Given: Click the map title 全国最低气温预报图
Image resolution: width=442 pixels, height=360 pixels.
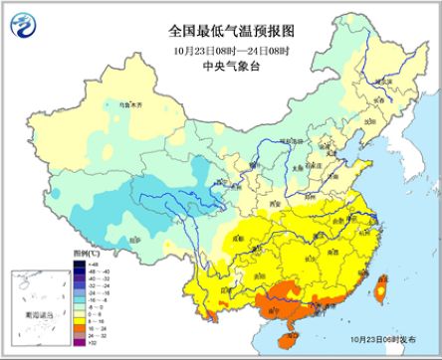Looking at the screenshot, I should pyautogui.click(x=221, y=31).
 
